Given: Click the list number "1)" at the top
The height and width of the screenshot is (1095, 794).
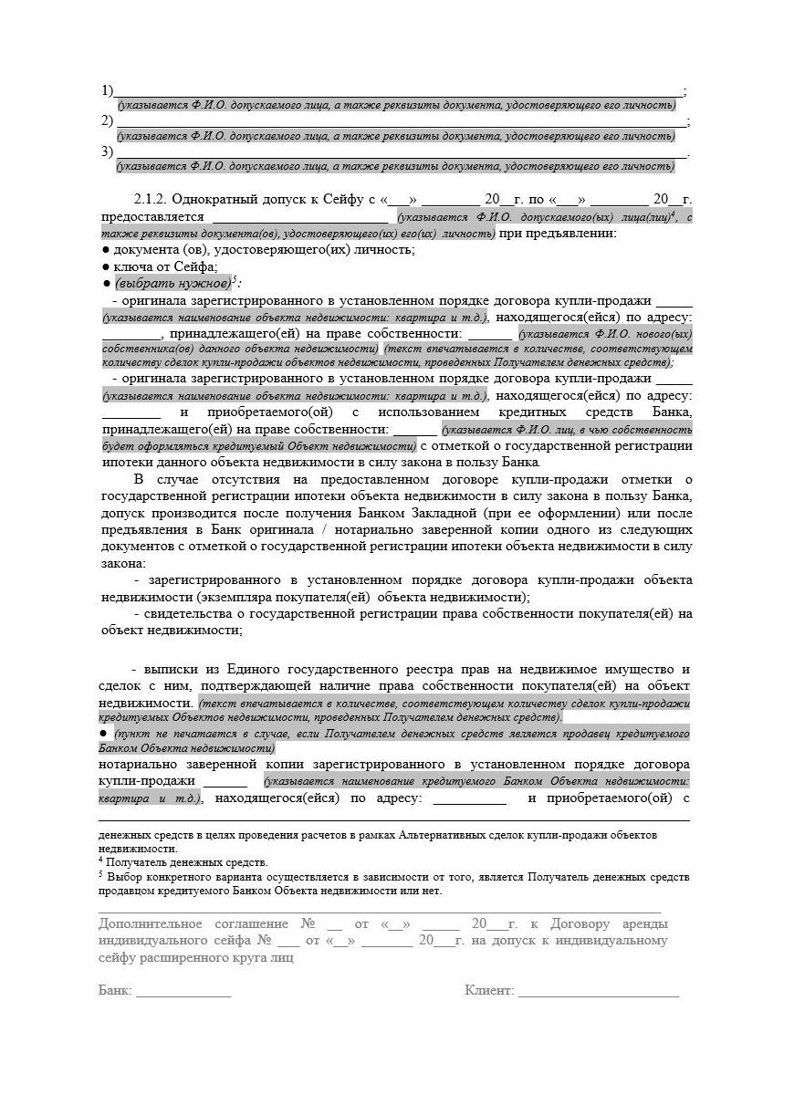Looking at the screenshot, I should [108, 90].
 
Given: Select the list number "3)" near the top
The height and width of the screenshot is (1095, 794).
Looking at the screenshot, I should [108, 151].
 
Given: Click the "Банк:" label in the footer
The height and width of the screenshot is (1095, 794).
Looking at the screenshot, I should [115, 991].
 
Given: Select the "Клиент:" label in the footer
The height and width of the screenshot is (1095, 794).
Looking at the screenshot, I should [489, 991].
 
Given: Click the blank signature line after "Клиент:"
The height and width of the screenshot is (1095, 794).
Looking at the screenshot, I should [598, 994].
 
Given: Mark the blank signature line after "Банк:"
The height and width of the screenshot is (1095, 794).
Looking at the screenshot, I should [183, 994].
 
